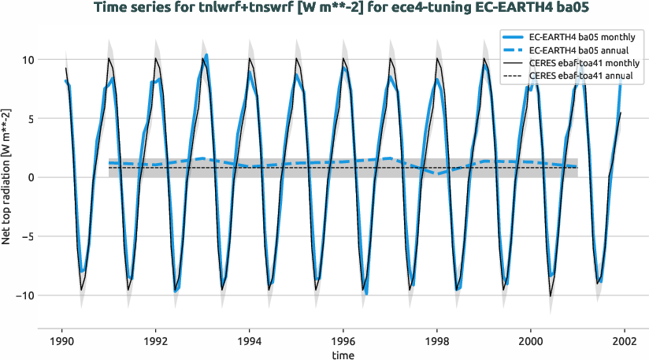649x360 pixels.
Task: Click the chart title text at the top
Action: [x=324, y=9]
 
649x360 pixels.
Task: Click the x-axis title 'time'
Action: [x=343, y=355]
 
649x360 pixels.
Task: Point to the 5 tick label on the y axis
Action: [x=28, y=119]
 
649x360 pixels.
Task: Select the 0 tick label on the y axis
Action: [x=28, y=178]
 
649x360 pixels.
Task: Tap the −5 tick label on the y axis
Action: [x=25, y=236]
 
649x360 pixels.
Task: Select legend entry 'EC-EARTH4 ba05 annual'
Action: [x=584, y=50]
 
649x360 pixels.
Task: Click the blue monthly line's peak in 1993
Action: [x=206, y=55]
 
